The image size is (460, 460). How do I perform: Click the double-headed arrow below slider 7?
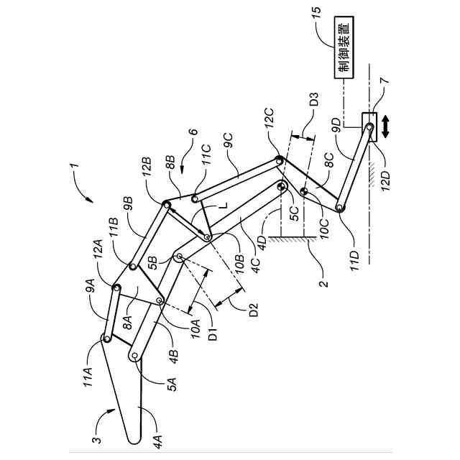(x=387, y=128)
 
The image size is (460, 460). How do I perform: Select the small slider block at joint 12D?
(x=369, y=124)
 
